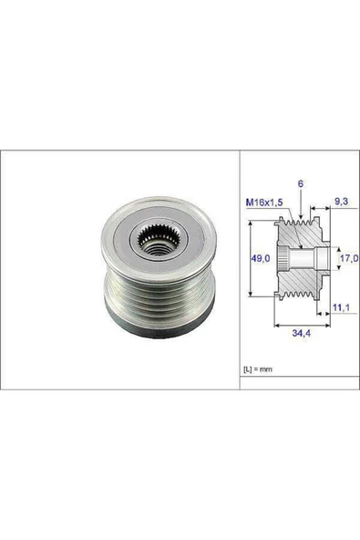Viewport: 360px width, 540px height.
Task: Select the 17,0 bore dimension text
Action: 346,260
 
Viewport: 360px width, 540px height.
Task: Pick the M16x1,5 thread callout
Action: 263,201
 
